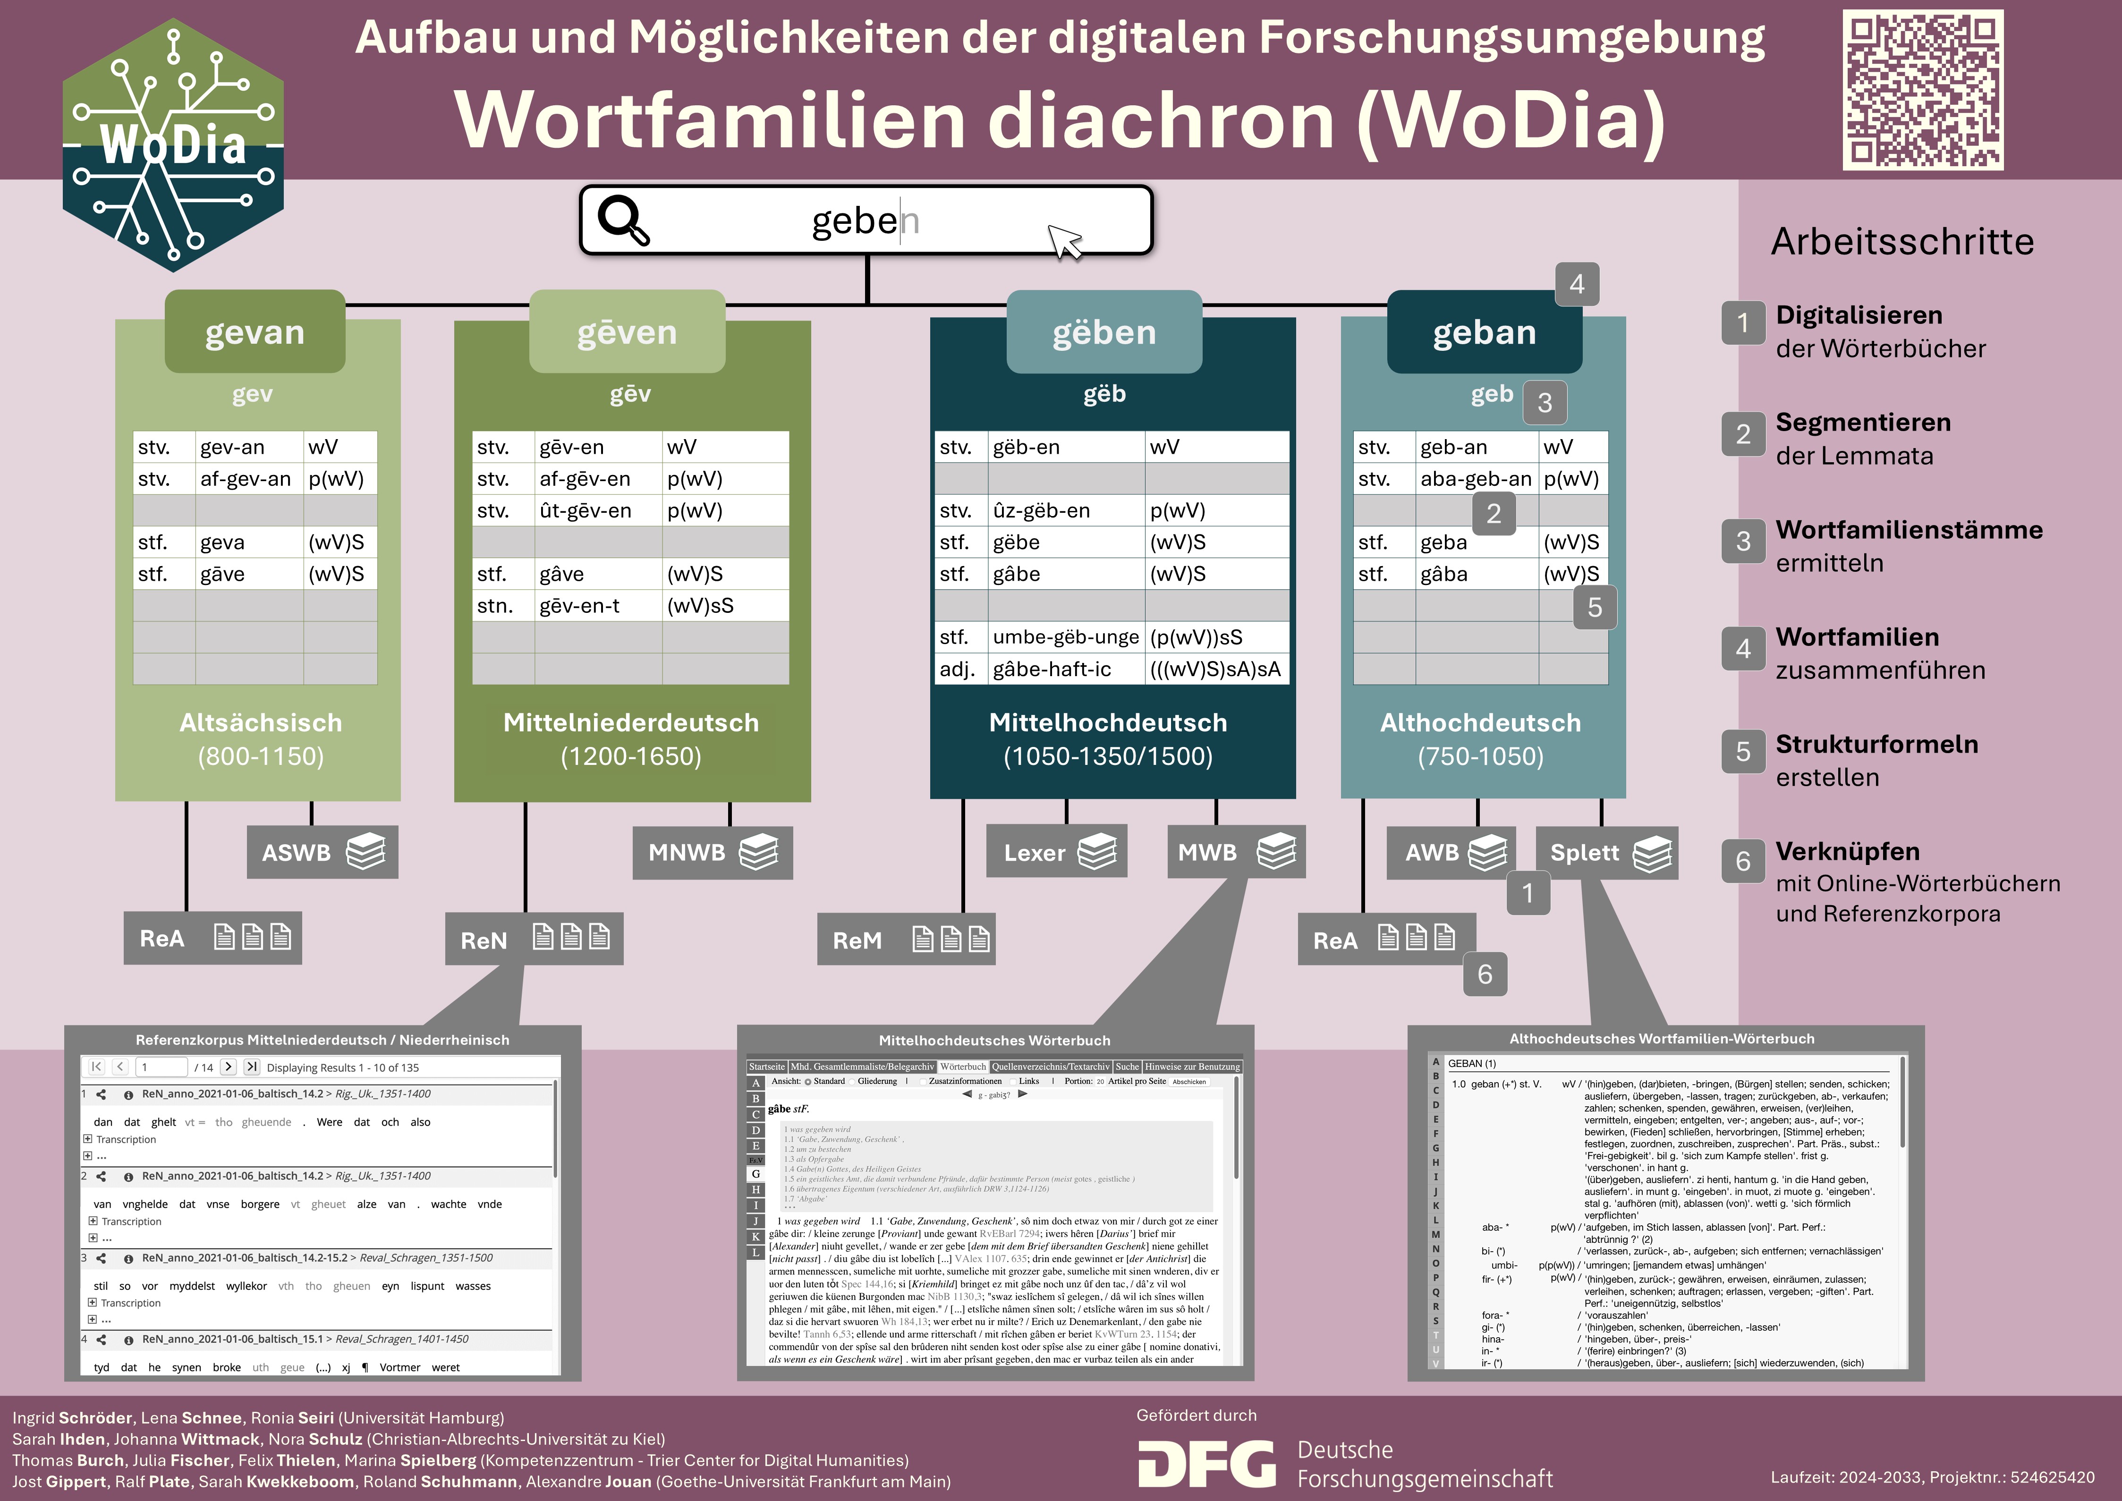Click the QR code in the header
tap(1922, 90)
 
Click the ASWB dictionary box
tap(322, 852)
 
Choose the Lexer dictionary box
tap(1056, 852)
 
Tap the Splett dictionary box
tap(1606, 852)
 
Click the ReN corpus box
tap(533, 939)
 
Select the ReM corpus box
tap(906, 939)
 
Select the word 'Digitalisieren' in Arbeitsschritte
tap(1859, 315)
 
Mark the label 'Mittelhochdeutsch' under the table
tap(1107, 723)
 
